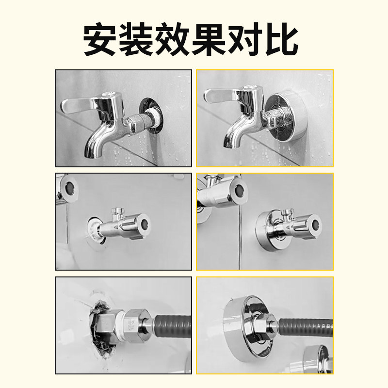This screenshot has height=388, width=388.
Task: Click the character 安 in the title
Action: point(101,39)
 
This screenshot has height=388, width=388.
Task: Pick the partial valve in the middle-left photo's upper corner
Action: point(68,189)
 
